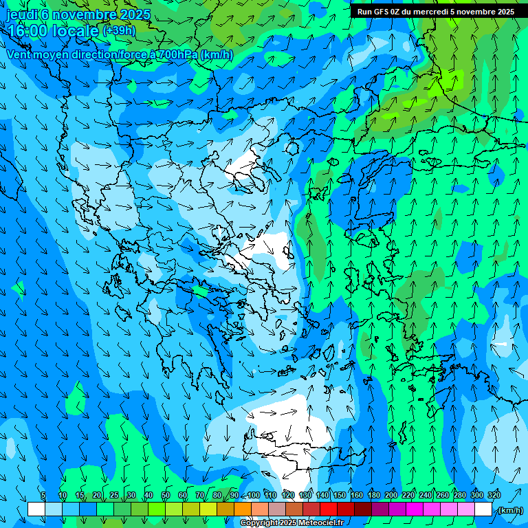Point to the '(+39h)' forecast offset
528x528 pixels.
119,30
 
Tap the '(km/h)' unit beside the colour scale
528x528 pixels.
509,509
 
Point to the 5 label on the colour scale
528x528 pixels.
43,495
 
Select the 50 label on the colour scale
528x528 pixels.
166,495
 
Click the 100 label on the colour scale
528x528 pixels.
254,495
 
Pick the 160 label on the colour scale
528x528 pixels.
357,495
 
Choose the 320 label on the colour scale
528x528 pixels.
494,495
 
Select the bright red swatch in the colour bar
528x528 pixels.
328,509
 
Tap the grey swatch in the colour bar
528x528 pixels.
276,509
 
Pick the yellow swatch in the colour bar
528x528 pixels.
208,509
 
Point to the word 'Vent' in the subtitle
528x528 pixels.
19,54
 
